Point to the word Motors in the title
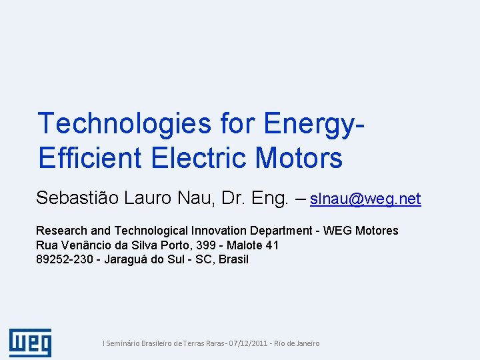tap(299, 159)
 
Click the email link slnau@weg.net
tap(365, 199)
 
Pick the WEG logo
tap(30, 343)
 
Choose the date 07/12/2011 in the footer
tap(249, 343)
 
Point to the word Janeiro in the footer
tap(305, 343)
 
